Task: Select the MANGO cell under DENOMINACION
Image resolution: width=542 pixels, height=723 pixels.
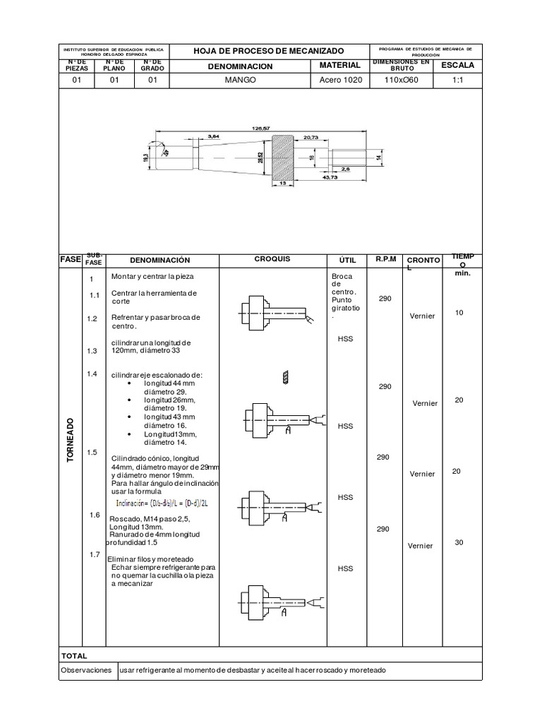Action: [240, 80]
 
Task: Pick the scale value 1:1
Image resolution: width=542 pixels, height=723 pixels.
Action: [457, 80]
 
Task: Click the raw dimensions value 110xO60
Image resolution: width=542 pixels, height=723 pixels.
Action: [400, 80]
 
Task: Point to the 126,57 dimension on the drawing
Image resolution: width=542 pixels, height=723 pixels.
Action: [260, 128]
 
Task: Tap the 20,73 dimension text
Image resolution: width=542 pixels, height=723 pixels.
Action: [311, 136]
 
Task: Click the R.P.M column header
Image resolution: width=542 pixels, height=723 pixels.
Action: [385, 259]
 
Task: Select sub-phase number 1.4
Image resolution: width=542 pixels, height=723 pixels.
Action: [92, 374]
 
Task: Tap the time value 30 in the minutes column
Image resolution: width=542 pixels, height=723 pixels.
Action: [459, 542]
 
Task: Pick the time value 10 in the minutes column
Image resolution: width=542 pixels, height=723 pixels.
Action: [459, 312]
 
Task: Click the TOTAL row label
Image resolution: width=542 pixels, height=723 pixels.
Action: [74, 656]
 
